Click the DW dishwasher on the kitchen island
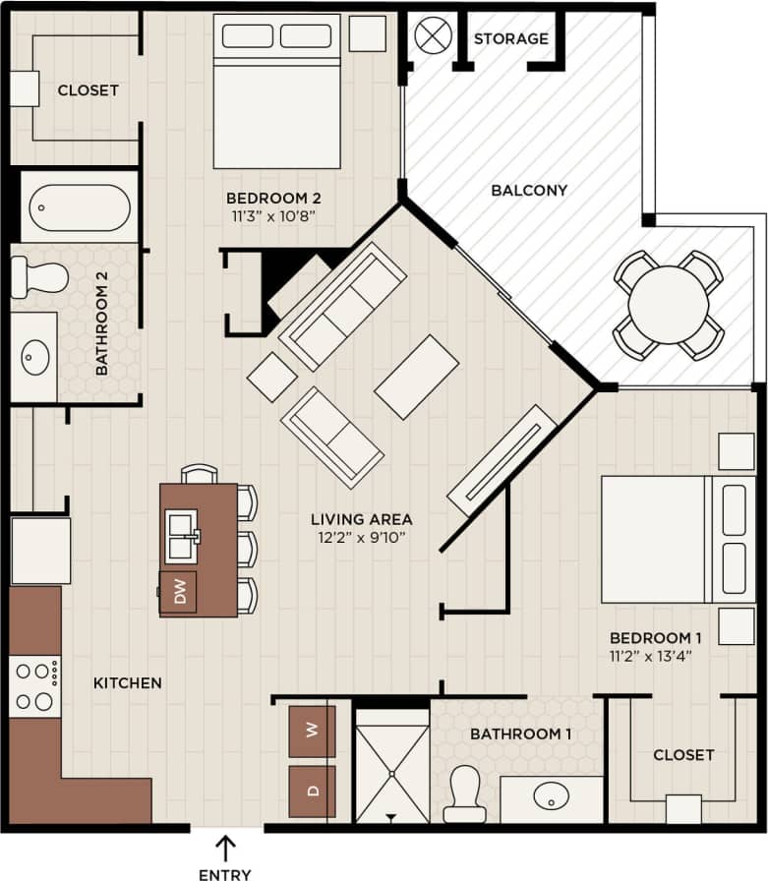179,591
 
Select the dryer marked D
312,791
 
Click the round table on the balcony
669,305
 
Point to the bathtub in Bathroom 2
79,206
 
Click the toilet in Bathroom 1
463,793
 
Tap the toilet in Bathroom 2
39,277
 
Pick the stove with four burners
34,686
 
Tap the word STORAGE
510,39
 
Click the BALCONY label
529,190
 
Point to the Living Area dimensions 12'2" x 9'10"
361,537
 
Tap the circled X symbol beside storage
432,36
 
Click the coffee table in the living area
417,377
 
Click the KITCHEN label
128,682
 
